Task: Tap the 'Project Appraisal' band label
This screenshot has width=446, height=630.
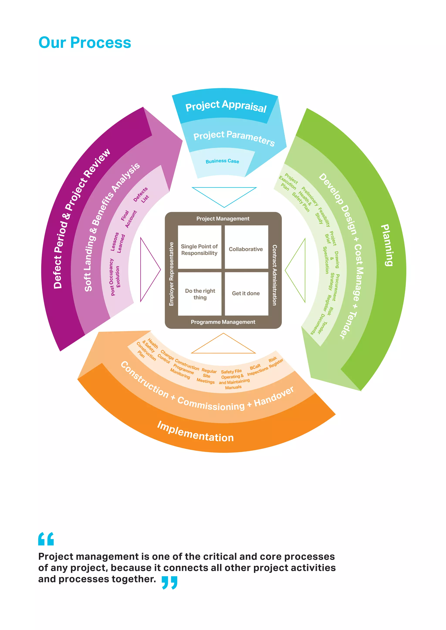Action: click(x=226, y=106)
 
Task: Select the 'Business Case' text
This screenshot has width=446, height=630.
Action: click(x=222, y=161)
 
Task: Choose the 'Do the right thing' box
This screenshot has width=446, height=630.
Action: click(x=200, y=294)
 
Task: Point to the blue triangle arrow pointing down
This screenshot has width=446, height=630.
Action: click(x=224, y=195)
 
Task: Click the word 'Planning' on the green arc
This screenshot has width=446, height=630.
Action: click(x=387, y=245)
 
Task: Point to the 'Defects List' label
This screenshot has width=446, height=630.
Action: click(x=141, y=195)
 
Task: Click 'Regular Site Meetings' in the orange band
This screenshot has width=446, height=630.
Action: click(x=206, y=376)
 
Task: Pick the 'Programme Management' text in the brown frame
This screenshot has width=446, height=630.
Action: click(x=223, y=322)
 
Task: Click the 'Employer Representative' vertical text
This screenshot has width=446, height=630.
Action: click(x=171, y=274)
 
